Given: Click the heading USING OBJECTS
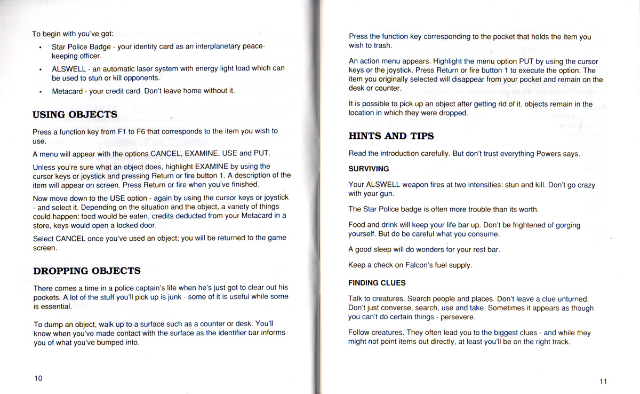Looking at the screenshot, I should (x=75, y=115).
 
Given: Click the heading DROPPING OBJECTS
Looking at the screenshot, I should (x=86, y=271).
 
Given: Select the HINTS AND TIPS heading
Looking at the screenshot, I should (x=391, y=136).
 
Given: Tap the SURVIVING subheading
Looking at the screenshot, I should (x=369, y=169).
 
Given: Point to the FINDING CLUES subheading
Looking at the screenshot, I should (x=377, y=282).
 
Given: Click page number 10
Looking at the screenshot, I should (x=38, y=378).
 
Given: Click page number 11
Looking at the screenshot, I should (x=603, y=381).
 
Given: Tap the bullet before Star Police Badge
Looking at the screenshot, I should (x=41, y=47).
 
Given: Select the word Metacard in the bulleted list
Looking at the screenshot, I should (x=67, y=91).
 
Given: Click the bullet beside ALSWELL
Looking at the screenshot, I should (x=41, y=69).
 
